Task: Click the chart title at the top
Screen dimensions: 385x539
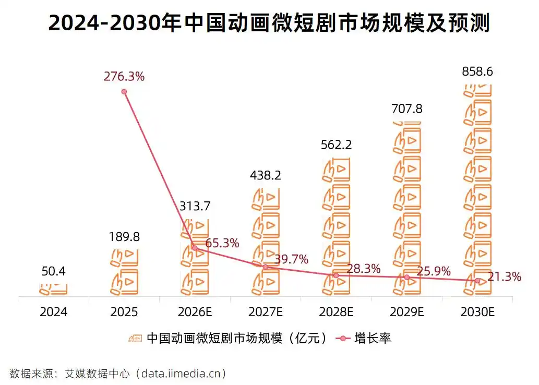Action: click(x=269, y=23)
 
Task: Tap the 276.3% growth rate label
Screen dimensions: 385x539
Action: click(x=124, y=77)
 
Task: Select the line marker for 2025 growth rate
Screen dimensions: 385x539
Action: click(x=124, y=92)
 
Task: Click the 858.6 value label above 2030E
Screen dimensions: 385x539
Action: click(x=477, y=72)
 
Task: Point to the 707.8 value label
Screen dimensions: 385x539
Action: click(x=406, y=109)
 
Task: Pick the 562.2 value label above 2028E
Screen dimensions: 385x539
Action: click(x=336, y=145)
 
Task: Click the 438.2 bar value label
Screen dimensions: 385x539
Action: click(x=265, y=176)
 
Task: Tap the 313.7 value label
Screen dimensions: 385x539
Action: click(x=194, y=206)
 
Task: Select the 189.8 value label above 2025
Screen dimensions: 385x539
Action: click(x=124, y=237)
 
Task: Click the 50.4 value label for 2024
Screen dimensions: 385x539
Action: click(x=54, y=271)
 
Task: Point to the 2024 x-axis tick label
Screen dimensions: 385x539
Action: click(x=54, y=312)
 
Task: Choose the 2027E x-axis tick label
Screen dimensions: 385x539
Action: click(x=265, y=312)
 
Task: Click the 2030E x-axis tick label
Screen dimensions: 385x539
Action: click(x=477, y=312)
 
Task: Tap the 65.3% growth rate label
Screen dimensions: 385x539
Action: click(x=222, y=243)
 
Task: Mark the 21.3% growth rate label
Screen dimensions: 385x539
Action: click(x=505, y=277)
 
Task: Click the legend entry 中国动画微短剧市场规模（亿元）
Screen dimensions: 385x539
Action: click(x=230, y=338)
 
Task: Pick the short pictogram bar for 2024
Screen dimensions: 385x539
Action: click(x=54, y=288)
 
